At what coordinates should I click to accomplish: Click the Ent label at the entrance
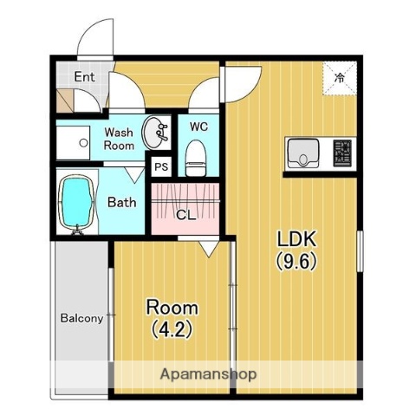84,76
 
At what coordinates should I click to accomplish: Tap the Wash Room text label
119,140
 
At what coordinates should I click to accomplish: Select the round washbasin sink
157,133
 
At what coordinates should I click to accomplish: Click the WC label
198,127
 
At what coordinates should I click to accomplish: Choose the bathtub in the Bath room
76,202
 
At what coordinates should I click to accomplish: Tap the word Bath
122,203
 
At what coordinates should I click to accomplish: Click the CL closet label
185,215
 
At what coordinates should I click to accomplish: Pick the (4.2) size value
171,329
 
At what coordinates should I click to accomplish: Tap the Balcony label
81,318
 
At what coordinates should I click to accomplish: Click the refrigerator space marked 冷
340,76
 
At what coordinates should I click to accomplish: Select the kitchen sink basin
303,154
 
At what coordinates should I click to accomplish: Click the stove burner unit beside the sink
343,153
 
